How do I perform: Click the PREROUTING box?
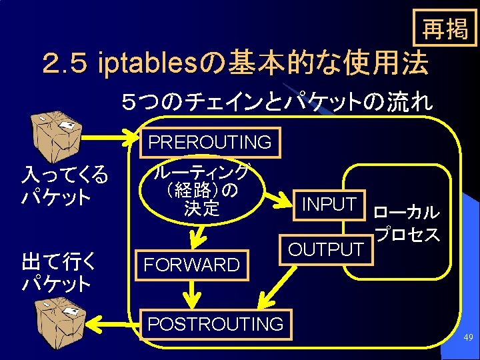[209, 142]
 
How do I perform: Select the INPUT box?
[329, 205]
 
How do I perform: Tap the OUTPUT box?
[325, 249]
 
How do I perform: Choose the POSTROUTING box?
[215, 324]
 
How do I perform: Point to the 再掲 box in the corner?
[445, 29]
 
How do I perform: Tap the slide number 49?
[468, 339]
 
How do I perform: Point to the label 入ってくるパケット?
[64, 187]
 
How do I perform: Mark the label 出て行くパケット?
[59, 272]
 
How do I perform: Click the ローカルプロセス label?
[406, 224]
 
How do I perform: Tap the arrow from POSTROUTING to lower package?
[113, 324]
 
